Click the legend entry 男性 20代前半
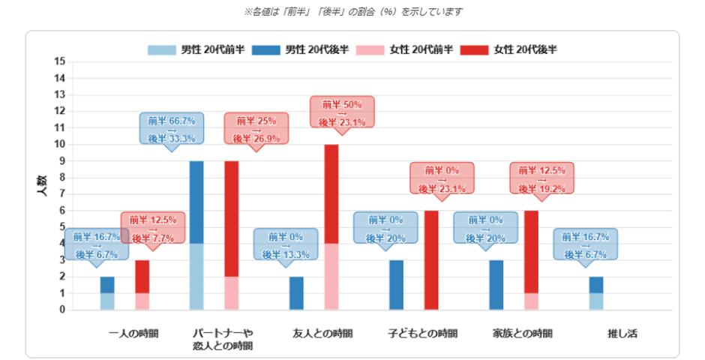(196, 50)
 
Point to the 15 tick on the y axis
(60, 61)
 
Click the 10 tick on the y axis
(60, 144)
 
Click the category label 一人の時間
(133, 333)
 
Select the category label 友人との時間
(322, 333)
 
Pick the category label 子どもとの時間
(422, 333)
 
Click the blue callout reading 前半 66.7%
(172, 128)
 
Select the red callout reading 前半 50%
(342, 113)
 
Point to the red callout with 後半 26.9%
(256, 128)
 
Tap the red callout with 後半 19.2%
(541, 178)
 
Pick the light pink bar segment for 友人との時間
(331, 277)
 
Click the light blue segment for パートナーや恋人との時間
(196, 277)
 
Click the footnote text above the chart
(352, 12)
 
